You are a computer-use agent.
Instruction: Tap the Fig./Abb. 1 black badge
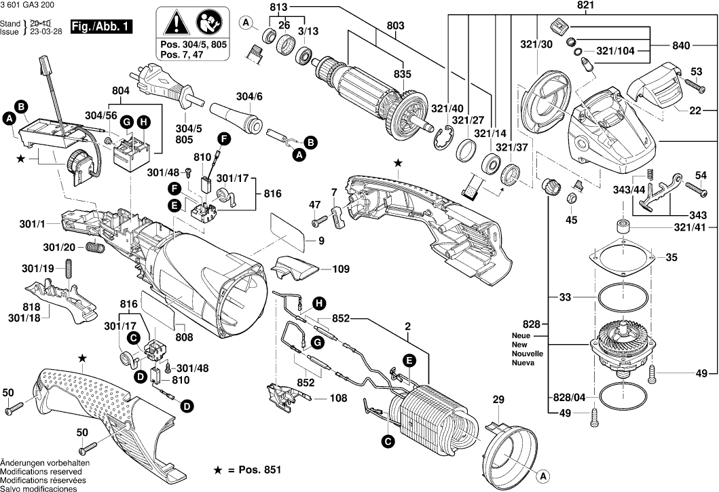pyautogui.click(x=102, y=26)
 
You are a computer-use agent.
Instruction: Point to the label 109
pyautogui.click(x=342, y=269)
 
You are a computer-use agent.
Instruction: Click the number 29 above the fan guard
pyautogui.click(x=499, y=401)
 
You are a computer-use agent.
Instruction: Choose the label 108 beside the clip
pyautogui.click(x=339, y=398)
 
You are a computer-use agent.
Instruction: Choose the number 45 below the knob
pyautogui.click(x=572, y=219)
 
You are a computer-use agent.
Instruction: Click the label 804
pyautogui.click(x=120, y=91)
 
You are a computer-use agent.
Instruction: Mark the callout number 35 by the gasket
pyautogui.click(x=671, y=257)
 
